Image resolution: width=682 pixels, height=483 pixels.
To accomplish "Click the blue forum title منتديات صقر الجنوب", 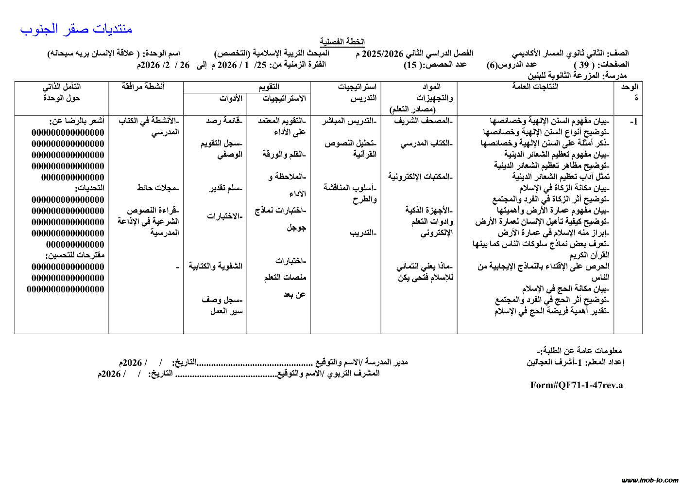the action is [x=76, y=29].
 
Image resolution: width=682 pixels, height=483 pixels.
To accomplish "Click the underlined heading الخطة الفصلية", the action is [x=342, y=42].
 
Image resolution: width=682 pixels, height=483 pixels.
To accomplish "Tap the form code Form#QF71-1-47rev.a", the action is [x=576, y=385].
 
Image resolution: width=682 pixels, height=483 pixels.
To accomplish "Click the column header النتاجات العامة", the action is [x=535, y=87].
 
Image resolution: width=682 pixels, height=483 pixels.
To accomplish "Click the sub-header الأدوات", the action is [x=231, y=99].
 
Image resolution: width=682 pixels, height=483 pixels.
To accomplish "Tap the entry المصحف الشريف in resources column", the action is [x=423, y=121].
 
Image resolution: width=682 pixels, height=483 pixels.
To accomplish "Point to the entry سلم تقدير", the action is [x=226, y=188].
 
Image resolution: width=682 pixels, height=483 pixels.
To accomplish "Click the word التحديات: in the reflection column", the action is [x=89, y=188].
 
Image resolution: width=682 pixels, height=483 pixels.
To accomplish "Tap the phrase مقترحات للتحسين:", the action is [x=75, y=255].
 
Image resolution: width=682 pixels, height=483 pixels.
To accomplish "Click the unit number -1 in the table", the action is [x=633, y=122].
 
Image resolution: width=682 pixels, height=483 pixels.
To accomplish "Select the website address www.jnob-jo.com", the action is [x=649, y=480].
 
